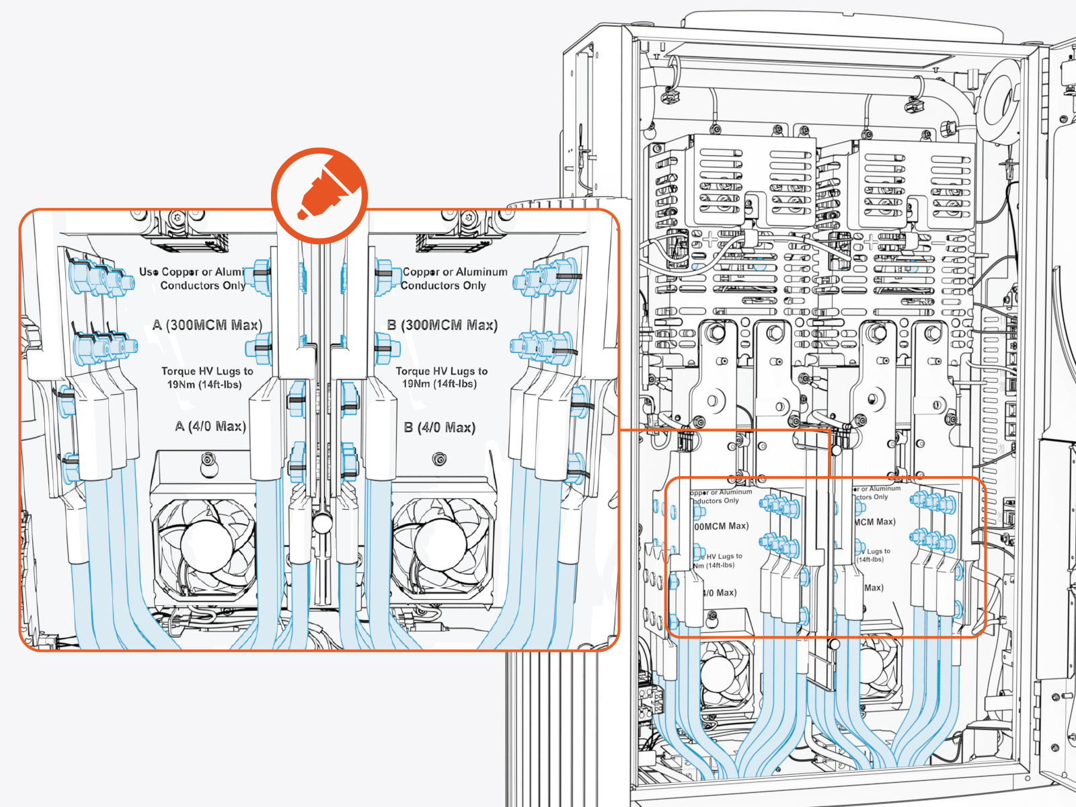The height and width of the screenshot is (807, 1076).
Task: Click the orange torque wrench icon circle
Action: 319,195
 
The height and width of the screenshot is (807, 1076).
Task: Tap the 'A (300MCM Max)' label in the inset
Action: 206,325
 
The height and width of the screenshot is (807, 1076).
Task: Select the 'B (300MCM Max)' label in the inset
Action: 443,325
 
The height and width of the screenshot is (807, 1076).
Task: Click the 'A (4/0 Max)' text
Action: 210,426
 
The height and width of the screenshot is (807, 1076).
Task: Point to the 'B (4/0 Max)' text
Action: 440,428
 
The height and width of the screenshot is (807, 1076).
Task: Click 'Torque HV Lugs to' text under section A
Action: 207,371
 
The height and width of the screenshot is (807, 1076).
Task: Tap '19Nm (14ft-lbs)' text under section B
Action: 439,384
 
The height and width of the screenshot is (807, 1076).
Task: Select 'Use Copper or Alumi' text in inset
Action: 191,272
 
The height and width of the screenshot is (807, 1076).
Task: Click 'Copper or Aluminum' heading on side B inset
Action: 455,272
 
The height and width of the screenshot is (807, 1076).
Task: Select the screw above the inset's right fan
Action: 439,459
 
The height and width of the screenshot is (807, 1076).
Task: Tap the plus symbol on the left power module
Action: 710,239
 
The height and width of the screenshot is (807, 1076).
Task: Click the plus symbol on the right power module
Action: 872,241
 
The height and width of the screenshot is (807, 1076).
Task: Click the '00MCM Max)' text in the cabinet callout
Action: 721,526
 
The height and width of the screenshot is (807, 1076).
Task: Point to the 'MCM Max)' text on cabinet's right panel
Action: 875,522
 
